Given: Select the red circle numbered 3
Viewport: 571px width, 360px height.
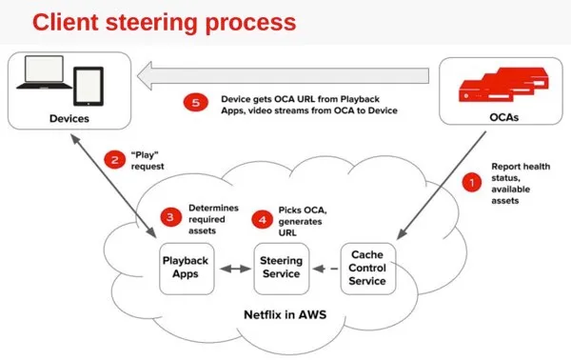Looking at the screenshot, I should pyautogui.click(x=168, y=218).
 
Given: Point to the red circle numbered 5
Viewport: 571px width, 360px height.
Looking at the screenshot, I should pyautogui.click(x=194, y=103).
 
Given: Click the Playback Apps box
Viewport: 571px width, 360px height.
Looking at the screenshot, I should pyautogui.click(x=187, y=267).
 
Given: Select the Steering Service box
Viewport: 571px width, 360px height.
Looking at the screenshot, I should pyautogui.click(x=281, y=267).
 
